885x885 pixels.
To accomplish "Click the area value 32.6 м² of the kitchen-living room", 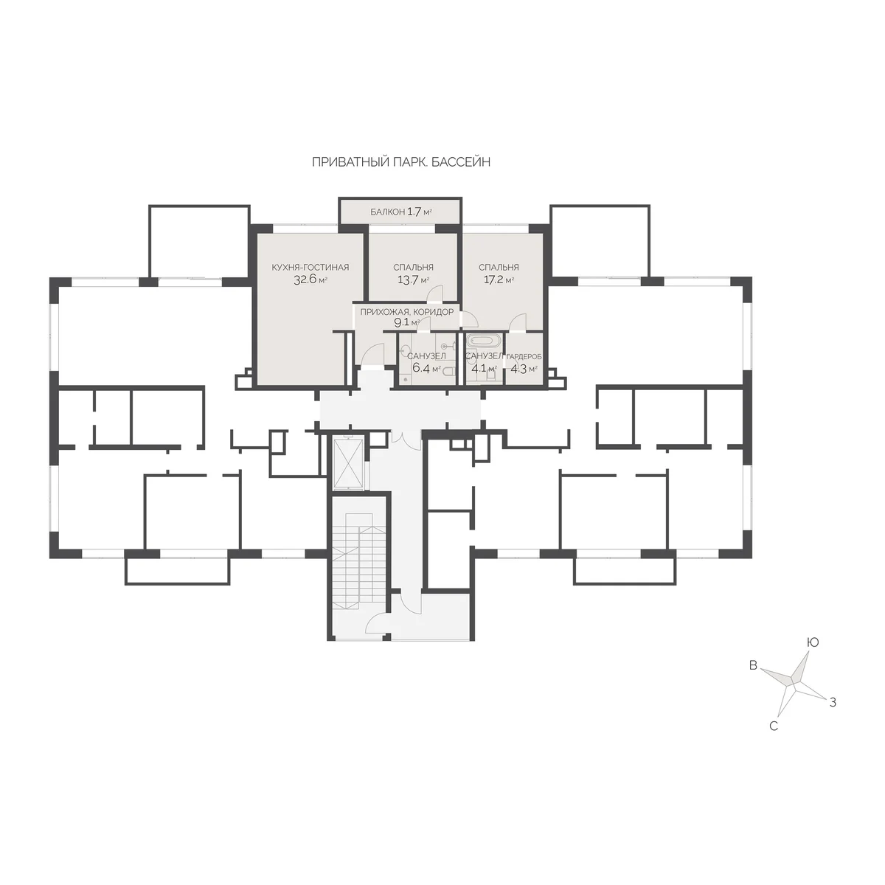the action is [310, 280].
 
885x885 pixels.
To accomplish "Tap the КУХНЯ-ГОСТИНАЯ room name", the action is [310, 267].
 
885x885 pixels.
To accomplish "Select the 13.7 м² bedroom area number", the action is [413, 280].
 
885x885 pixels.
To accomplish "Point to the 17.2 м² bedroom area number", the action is [499, 280].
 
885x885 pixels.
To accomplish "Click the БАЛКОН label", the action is [388, 212].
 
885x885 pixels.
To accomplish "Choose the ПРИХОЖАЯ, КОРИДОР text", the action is [406, 312].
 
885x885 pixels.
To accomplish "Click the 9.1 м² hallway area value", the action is [406, 322].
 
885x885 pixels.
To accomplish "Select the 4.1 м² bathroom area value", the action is [484, 368].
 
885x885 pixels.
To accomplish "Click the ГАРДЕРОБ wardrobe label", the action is [524, 357].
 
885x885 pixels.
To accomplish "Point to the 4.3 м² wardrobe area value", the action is [524, 368].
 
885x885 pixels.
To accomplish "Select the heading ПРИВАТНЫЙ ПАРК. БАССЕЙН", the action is [401, 162].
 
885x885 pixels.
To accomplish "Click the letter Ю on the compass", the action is [813, 642].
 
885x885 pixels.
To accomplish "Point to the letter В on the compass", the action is [753, 665].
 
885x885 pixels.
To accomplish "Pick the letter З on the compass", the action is [833, 702].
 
